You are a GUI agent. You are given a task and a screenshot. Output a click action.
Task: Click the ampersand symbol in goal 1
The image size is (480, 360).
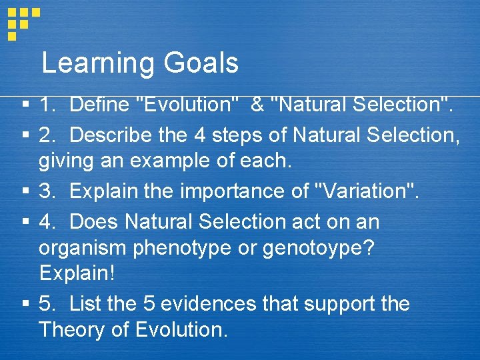[x=257, y=105]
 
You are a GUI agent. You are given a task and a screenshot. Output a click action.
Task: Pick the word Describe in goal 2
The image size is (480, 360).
[x=111, y=135]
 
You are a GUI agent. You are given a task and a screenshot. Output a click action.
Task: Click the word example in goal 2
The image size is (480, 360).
[x=194, y=161]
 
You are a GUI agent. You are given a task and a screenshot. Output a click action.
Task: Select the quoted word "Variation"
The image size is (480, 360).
[x=368, y=191]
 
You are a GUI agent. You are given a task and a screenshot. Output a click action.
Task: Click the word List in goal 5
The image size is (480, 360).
[x=85, y=304]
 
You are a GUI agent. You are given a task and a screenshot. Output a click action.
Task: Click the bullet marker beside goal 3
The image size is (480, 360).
[x=25, y=192]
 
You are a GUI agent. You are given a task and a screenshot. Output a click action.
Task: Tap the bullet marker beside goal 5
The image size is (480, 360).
[x=25, y=305]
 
